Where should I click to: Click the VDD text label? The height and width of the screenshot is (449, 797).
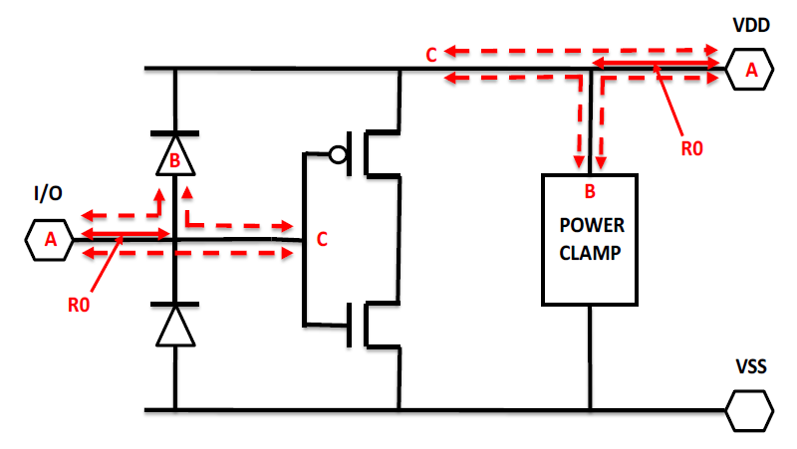pos(751,27)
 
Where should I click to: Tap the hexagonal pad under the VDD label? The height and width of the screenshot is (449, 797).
pos(751,70)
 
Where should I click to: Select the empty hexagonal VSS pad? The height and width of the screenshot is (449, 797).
pos(748,409)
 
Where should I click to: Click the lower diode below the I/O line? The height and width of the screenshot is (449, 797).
pos(174,325)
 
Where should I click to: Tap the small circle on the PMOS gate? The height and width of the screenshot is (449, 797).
pos(338,154)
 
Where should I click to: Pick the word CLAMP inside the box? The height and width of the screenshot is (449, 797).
pos(590,252)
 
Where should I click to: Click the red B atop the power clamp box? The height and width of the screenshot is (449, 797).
pos(589,189)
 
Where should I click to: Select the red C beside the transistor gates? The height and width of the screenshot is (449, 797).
pos(322,239)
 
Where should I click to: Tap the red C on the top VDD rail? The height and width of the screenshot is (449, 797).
pos(431,55)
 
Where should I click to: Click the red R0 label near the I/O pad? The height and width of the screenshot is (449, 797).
pos(80,305)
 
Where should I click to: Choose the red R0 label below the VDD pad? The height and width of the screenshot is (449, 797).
pos(691,148)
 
